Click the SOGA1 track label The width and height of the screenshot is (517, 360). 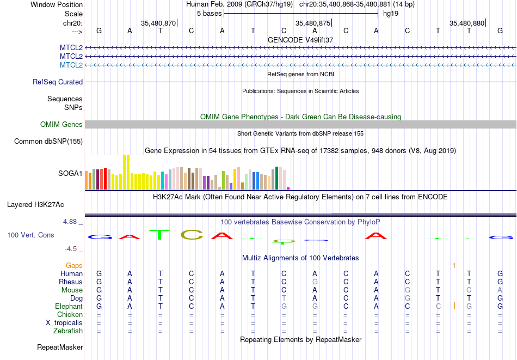[x=70, y=173]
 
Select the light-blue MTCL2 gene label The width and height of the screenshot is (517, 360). [x=71, y=65]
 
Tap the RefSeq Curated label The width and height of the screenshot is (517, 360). [x=58, y=82]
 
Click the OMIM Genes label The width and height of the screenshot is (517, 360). [x=61, y=124]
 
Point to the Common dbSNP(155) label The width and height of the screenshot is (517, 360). [x=48, y=141]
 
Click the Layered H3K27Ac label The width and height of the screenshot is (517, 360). [x=35, y=205]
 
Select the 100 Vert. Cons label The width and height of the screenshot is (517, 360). [x=30, y=235]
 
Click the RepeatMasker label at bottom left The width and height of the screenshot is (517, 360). [x=60, y=347]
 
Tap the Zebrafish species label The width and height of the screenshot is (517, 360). [x=68, y=331]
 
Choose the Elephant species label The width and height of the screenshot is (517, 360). [x=69, y=306]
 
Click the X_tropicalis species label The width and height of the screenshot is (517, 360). [x=64, y=323]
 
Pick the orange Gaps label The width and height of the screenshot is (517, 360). [x=74, y=265]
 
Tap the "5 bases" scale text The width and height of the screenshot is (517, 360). [x=210, y=14]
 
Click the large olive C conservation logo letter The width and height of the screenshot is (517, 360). [x=192, y=235]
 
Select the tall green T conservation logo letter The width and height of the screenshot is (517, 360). [x=159, y=234]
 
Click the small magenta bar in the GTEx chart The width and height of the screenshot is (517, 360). [x=288, y=188]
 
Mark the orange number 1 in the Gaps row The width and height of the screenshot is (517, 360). [x=454, y=266]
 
